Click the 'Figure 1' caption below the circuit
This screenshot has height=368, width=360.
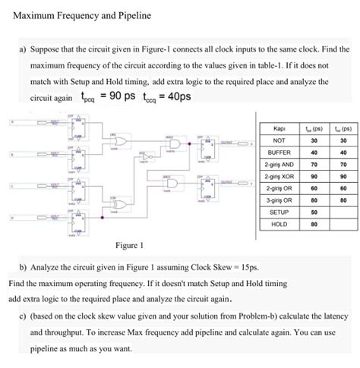pyautogui.click(x=130, y=246)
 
